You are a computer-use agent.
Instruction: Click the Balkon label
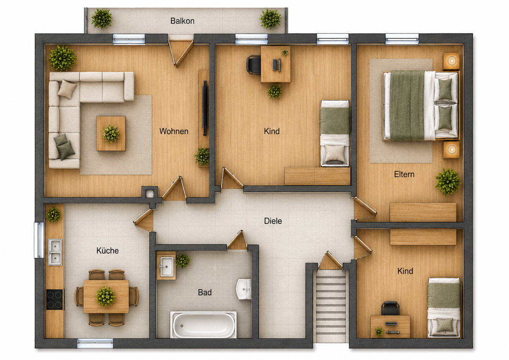[x=182, y=21]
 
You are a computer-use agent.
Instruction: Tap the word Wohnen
[x=174, y=131]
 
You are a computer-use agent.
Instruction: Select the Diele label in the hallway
[x=273, y=221]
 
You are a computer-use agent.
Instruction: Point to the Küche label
[x=107, y=251]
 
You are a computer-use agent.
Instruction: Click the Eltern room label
[x=404, y=174]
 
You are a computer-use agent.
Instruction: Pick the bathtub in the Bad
[x=203, y=324]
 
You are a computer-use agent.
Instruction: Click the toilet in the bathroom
[x=243, y=289]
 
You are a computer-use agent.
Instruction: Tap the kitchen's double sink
[x=55, y=252]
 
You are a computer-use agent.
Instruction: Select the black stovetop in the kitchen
[x=55, y=299]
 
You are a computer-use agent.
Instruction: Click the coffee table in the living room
[x=111, y=134]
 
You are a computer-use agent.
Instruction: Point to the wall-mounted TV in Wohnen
[x=205, y=108]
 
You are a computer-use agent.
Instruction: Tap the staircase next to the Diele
[x=331, y=306]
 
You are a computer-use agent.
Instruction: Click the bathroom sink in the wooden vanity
[x=167, y=266]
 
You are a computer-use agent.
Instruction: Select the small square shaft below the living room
[x=150, y=194]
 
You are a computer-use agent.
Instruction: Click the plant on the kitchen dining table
[x=106, y=296]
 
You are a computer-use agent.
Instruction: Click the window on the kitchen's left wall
[x=39, y=240]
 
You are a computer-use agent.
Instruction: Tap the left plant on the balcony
[x=101, y=19]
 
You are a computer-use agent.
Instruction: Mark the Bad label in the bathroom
[x=205, y=292]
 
